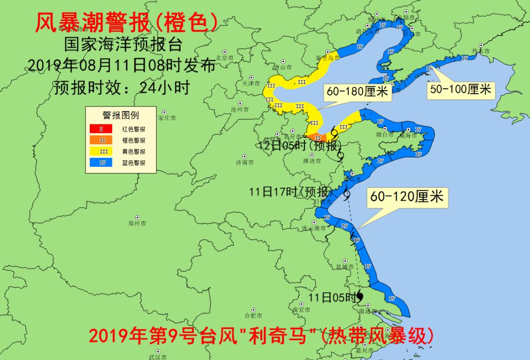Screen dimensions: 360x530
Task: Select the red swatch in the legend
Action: (101, 129)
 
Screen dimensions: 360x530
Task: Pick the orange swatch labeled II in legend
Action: (101, 140)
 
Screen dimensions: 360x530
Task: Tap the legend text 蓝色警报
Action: (133, 163)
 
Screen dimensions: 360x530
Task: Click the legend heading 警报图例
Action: (121, 115)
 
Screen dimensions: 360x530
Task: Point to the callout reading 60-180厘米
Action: (357, 92)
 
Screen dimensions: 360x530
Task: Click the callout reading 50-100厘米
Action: (460, 89)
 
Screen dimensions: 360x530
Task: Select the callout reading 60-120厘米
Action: (407, 197)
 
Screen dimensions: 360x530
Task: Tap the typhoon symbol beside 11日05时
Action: (360, 296)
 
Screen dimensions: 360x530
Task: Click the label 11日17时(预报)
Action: (291, 192)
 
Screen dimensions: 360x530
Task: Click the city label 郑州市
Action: (137, 223)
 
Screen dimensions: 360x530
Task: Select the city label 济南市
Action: (245, 162)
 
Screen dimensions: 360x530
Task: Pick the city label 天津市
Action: (250, 83)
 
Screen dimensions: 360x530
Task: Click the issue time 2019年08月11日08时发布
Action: (122, 65)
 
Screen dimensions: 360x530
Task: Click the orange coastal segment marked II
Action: (318, 138)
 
